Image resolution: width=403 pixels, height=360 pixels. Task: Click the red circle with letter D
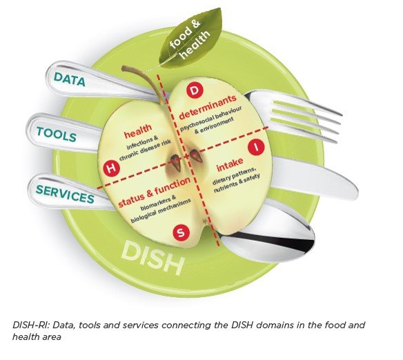coord(195,91)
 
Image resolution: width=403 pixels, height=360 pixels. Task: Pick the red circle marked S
coord(181,233)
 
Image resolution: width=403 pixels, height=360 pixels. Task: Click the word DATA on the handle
coord(70,79)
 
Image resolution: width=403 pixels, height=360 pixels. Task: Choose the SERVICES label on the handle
coord(65,193)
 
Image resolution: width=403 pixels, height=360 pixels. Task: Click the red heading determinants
coord(208,112)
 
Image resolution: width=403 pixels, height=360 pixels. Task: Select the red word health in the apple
coord(137,131)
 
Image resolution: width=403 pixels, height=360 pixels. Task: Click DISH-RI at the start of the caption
coord(30,324)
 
